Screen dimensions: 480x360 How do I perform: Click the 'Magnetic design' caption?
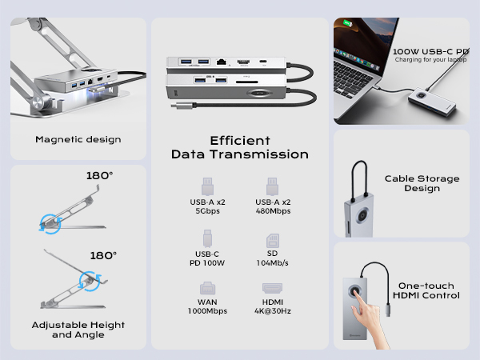coord(78,139)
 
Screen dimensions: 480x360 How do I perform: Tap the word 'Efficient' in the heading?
coord(240,141)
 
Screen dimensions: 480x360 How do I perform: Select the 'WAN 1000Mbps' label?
coord(207,306)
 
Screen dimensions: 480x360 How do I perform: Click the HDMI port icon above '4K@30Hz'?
coord(272,288)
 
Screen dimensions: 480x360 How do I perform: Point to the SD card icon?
coord(273,241)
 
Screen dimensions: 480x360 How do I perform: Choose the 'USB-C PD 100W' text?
coord(207,258)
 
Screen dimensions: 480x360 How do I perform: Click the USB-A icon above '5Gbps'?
coord(207,186)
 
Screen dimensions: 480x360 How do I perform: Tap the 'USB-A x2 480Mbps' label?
coord(273,206)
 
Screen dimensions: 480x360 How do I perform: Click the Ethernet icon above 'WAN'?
coord(207,288)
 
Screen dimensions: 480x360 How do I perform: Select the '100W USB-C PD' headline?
coord(430,51)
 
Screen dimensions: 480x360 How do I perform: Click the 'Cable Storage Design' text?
coord(422,183)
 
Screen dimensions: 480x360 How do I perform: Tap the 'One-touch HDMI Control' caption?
coord(426,290)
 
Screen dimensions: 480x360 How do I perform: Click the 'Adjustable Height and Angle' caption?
coord(78,330)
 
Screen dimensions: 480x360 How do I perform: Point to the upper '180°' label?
coord(99,175)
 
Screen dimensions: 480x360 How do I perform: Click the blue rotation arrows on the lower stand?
coord(90,282)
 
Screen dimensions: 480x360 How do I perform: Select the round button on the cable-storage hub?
coord(362,215)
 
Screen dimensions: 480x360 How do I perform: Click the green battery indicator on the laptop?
coord(347,23)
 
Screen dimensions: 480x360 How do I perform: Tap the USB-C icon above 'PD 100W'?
coord(207,238)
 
